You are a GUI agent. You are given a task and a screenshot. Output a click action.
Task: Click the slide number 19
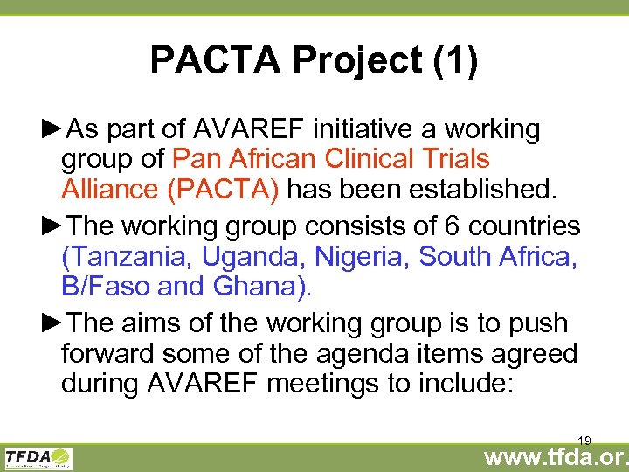584,440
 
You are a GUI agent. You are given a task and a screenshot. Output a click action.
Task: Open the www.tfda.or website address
556,458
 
